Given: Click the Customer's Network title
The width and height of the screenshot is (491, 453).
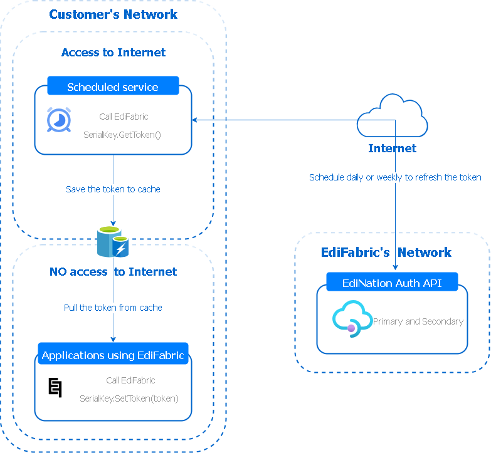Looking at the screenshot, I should click(114, 14).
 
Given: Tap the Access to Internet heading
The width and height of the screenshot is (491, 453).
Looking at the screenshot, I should click(114, 53).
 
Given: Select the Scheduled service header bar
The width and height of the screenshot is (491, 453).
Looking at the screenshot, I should click(113, 86).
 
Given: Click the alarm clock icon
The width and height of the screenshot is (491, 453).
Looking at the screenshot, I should click(58, 120).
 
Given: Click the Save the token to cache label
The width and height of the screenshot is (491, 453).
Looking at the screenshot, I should click(113, 189).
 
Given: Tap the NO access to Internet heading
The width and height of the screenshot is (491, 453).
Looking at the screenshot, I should click(113, 272).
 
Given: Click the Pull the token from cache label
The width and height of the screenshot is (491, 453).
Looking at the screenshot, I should click(113, 308).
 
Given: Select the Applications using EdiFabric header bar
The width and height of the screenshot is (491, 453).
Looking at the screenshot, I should click(113, 355).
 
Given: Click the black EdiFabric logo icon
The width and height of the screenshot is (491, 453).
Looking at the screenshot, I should click(55, 388).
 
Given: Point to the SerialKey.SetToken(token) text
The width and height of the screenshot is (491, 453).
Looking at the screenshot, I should click(129, 398).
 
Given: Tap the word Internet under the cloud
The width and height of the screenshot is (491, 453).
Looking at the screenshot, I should click(392, 148).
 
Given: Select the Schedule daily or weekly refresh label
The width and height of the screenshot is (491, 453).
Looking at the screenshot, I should click(395, 177).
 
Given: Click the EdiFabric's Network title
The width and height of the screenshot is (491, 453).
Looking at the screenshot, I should click(386, 253).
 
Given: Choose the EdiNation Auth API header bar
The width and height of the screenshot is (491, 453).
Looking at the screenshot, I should click(392, 283).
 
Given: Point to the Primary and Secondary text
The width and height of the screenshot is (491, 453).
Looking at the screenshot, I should click(418, 321).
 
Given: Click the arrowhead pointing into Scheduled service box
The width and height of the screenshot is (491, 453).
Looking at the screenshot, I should click(195, 119).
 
